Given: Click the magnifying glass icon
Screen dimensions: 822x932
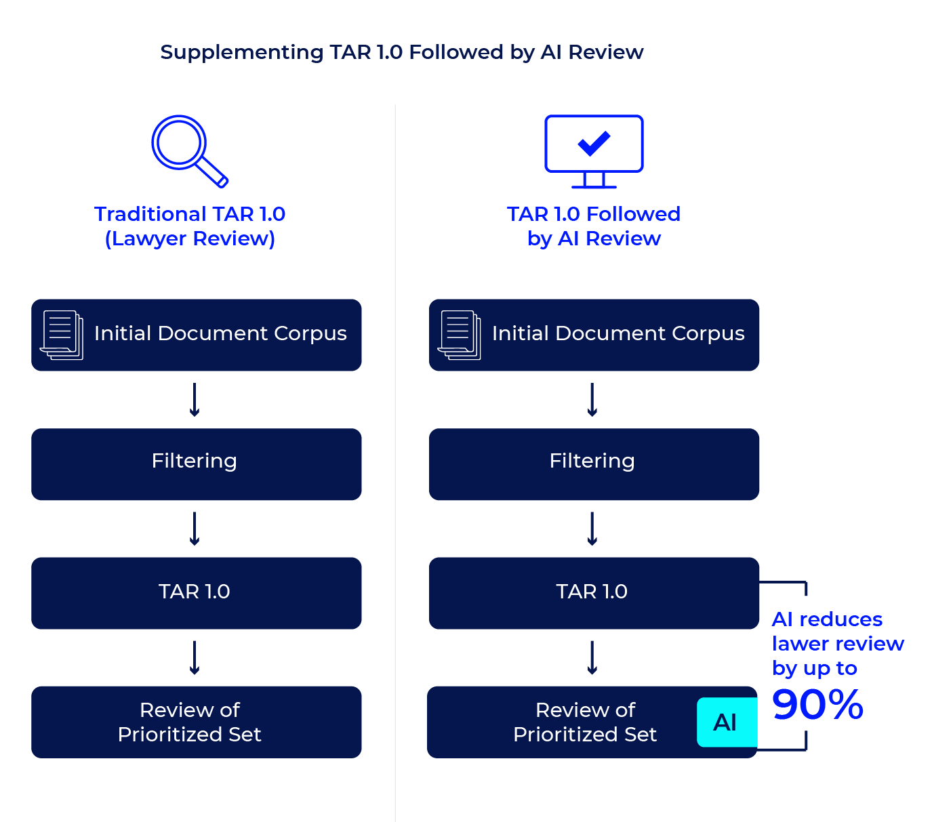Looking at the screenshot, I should [188, 150].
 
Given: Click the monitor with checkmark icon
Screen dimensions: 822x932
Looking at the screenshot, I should [594, 150].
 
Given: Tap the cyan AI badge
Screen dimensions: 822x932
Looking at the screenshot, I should [726, 722].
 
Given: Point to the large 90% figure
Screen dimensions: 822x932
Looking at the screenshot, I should [817, 705].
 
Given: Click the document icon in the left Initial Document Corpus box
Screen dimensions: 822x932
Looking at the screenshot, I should [62, 335].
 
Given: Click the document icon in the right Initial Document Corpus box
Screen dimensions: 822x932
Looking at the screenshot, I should [460, 335].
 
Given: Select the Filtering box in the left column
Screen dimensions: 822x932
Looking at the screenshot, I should [196, 464].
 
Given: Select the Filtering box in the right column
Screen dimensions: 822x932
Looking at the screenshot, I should [594, 464].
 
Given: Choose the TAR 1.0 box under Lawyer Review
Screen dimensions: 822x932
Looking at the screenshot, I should [196, 593].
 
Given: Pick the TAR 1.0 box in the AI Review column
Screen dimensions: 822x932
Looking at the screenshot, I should [594, 593].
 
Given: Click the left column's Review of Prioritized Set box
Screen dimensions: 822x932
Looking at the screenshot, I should [196, 722].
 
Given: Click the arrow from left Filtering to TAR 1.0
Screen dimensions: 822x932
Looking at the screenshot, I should [195, 529].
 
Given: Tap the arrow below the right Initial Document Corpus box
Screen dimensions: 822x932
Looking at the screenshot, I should [592, 400].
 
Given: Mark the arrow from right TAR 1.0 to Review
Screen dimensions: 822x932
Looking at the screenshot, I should [592, 657].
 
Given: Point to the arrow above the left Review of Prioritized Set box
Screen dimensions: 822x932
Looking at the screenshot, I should [195, 657].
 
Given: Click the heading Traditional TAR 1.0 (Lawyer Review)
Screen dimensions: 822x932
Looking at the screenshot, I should [190, 226].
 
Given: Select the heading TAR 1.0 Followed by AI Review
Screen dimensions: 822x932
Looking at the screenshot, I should [594, 226].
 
